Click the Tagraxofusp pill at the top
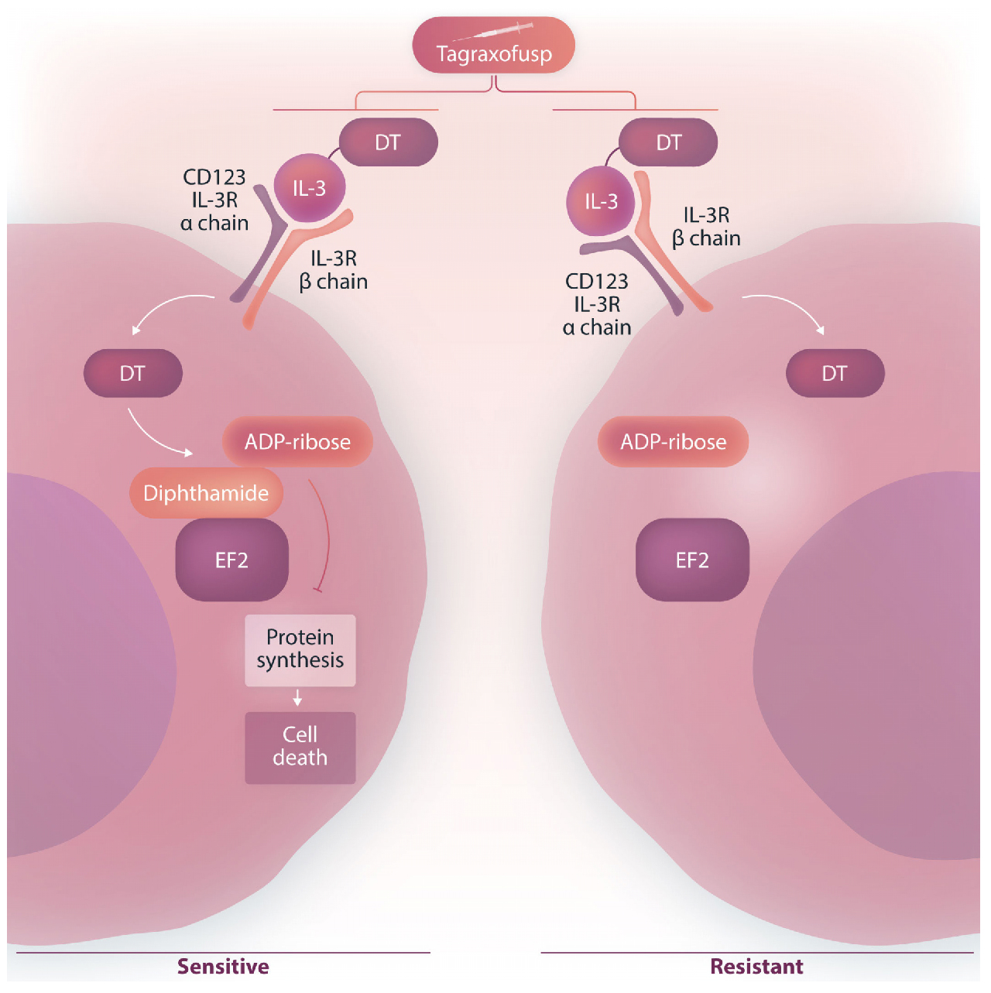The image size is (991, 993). point(493,46)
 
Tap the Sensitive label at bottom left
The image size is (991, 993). point(223,967)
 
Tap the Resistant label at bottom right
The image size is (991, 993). point(756,967)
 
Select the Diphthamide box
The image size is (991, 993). point(206,493)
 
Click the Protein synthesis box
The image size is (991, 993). point(300,650)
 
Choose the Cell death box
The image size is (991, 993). point(300,747)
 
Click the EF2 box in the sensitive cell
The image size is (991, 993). point(232,560)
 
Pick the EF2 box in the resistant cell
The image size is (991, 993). point(692,560)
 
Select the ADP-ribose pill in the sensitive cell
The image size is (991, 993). point(297,442)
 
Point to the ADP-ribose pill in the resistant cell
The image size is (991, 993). point(673,442)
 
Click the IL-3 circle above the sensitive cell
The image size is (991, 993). point(310,188)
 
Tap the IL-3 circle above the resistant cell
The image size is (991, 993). point(602,201)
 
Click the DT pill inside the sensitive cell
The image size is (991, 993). point(132,374)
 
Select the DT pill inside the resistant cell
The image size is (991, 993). point(835,374)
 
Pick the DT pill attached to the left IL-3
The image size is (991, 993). point(388,142)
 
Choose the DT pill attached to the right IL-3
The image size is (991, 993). point(668,142)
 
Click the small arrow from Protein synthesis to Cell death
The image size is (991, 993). point(297,699)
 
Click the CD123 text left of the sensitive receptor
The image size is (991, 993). point(214,177)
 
